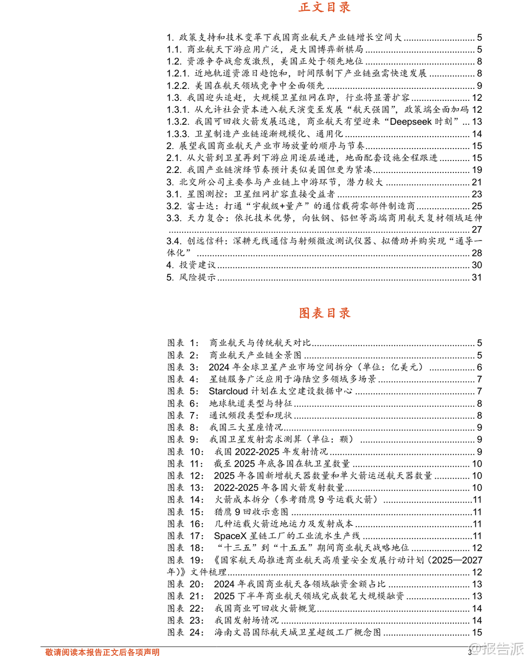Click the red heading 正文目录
[324, 7]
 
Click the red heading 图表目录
[324, 313]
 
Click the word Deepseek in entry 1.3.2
[411, 122]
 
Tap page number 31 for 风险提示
[477, 277]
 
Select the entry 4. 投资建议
[191, 265]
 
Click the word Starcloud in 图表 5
[228, 391]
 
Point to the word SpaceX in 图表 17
[230, 536]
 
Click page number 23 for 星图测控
[477, 194]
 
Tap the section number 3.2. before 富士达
[174, 206]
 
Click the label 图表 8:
[183, 427]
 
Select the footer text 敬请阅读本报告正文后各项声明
[102, 652]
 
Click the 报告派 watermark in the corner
[498, 649]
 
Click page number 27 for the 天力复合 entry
[477, 230]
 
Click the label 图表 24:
[185, 632]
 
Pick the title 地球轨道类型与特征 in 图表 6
[250, 403]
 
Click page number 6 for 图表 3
[479, 367]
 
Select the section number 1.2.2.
[178, 85]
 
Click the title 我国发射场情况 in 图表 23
[246, 620]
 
